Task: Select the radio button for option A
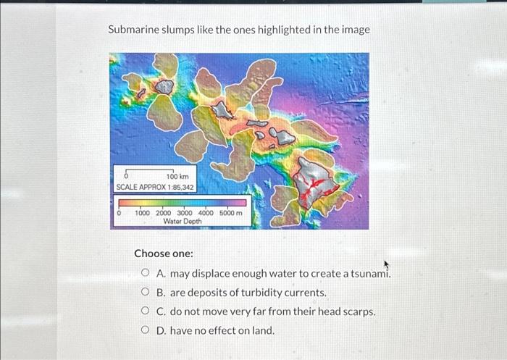(x=146, y=274)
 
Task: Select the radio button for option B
(x=146, y=293)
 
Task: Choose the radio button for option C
(x=146, y=311)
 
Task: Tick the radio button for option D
(x=146, y=330)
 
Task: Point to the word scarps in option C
(x=355, y=311)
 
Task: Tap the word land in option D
(x=262, y=330)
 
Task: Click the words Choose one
(x=163, y=254)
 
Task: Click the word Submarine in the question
(x=135, y=30)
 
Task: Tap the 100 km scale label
(x=177, y=177)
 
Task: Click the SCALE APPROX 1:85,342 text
(x=155, y=187)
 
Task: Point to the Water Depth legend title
(x=183, y=222)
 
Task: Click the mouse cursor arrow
(x=396, y=267)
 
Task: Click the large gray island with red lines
(x=316, y=181)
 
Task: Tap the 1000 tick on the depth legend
(x=142, y=213)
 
